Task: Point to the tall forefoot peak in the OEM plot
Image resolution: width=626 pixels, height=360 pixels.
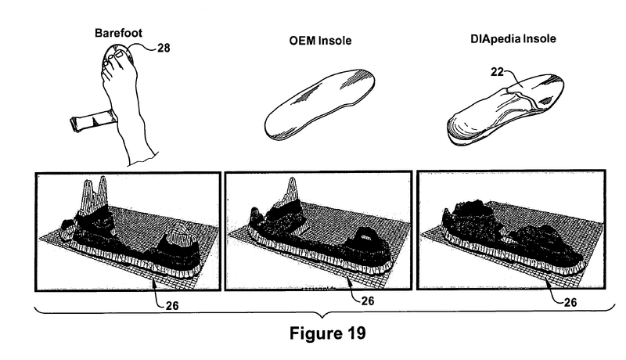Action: click(x=293, y=191)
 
